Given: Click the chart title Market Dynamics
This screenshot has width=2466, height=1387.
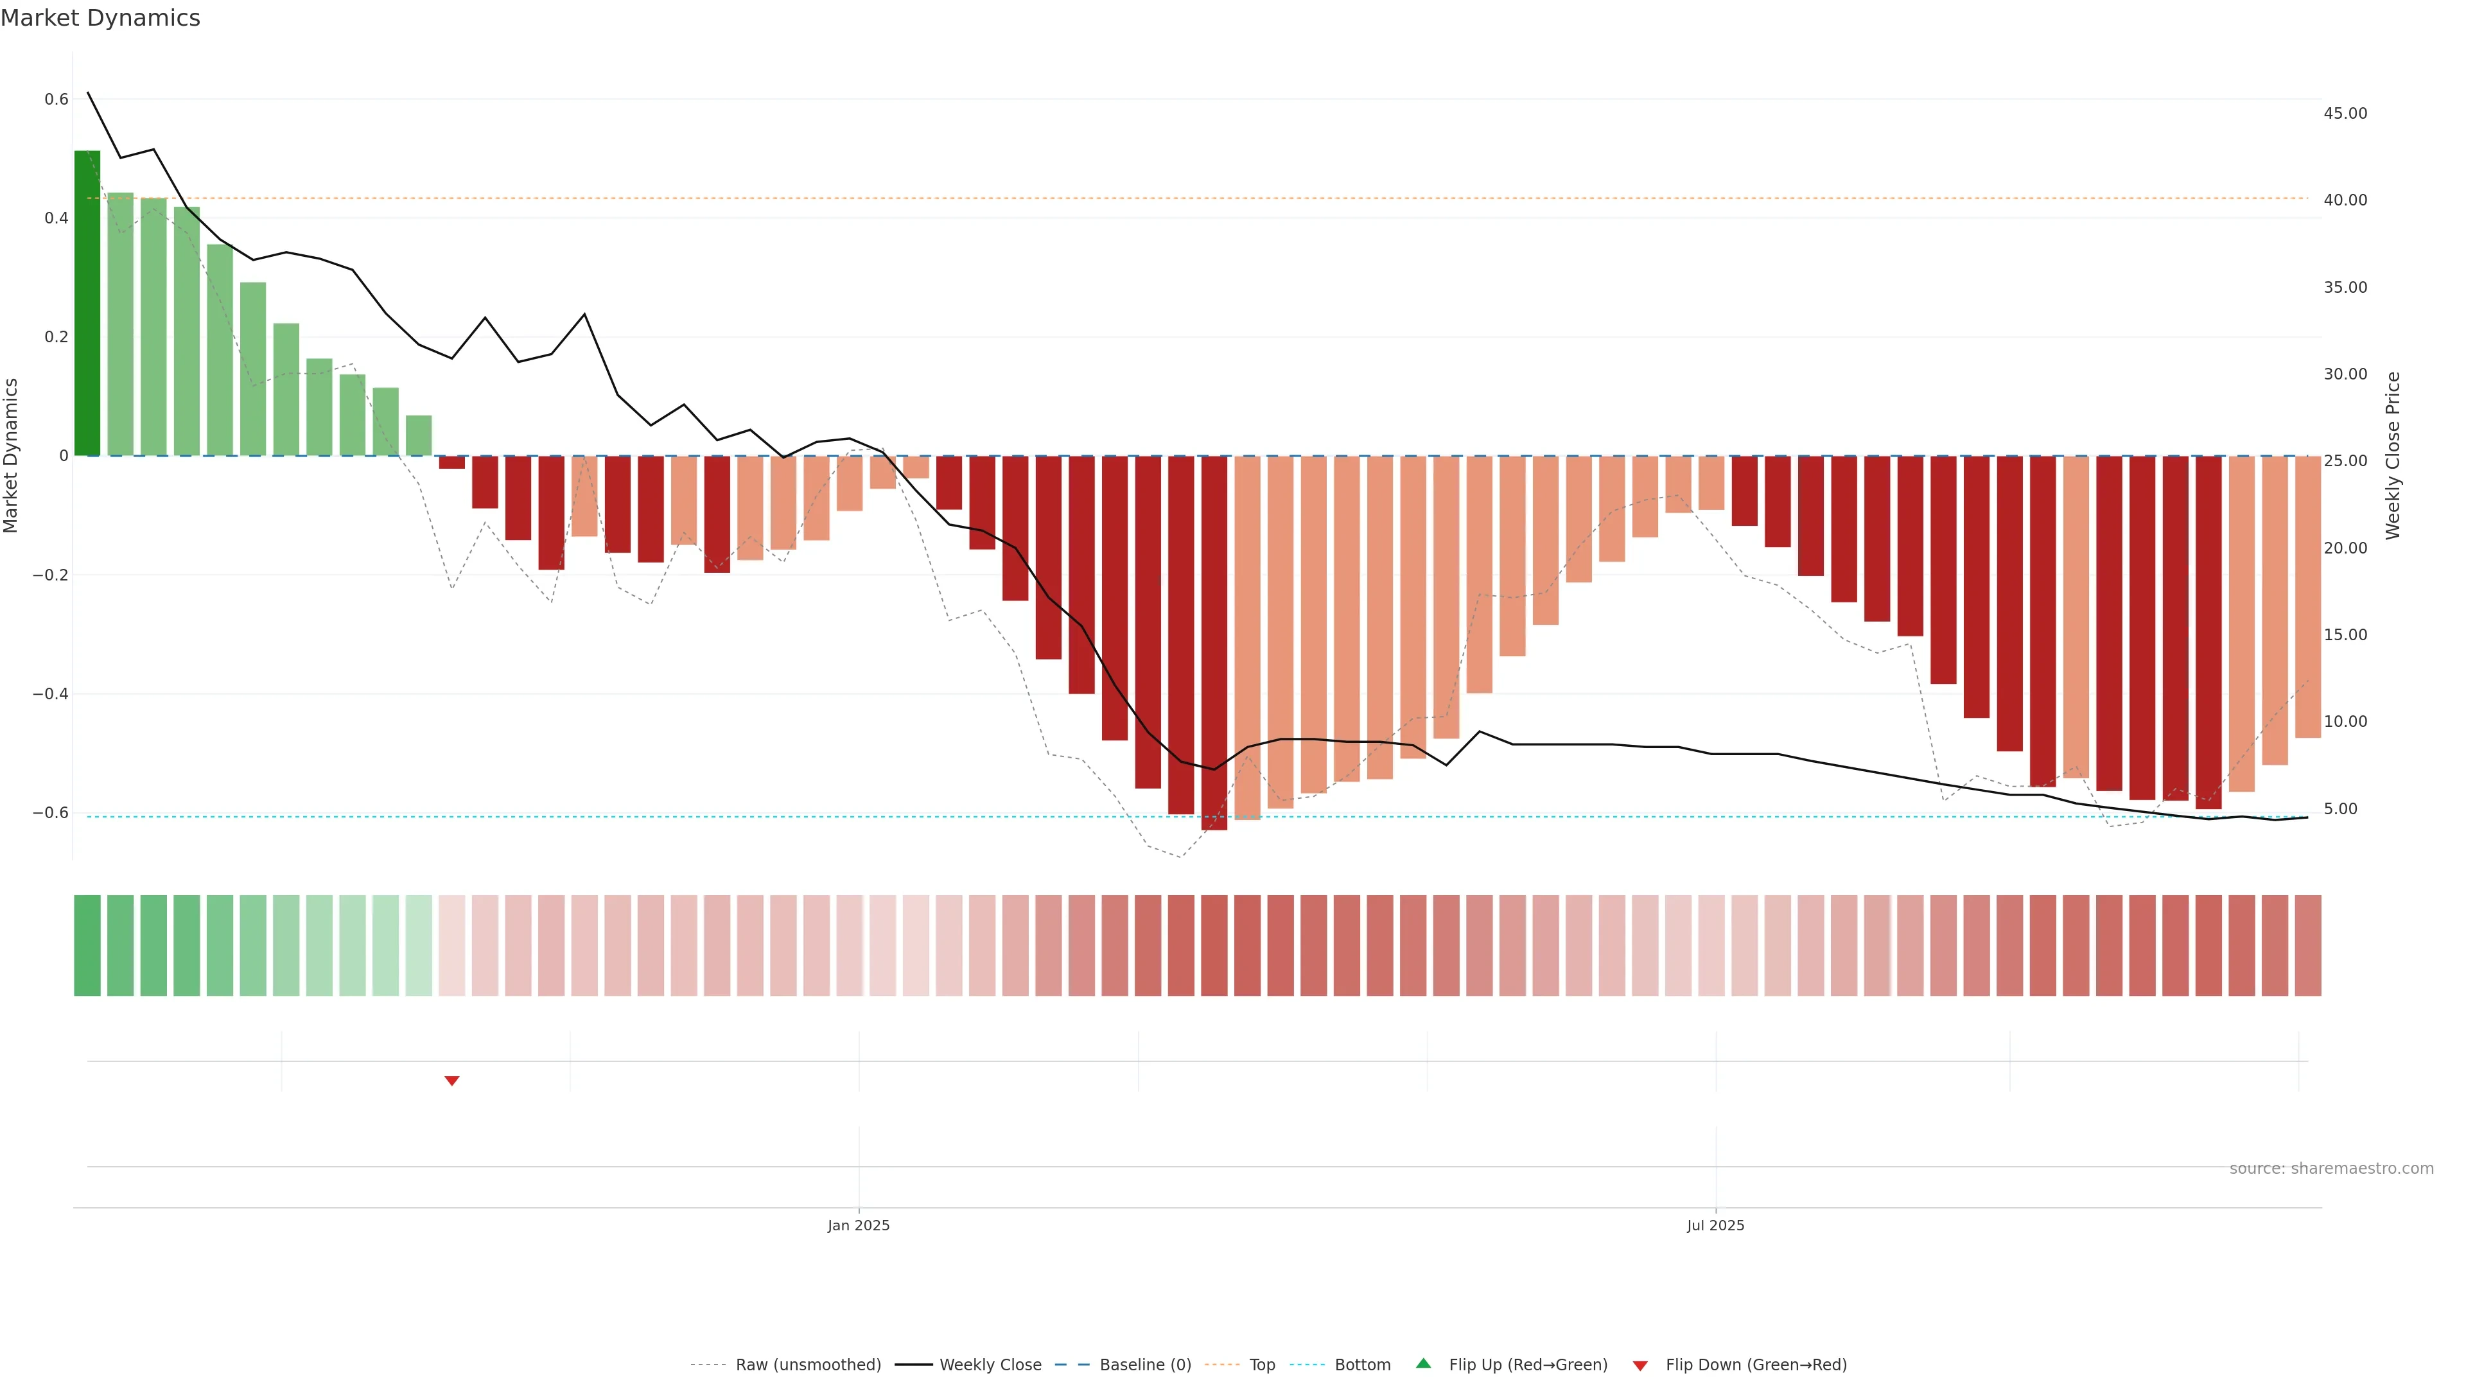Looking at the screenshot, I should tap(101, 18).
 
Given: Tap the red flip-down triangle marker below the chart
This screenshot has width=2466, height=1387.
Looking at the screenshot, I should tap(452, 1081).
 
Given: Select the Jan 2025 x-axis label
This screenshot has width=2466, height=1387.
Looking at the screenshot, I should tap(859, 1225).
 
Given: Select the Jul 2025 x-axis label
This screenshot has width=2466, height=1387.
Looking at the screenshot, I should tap(1715, 1225).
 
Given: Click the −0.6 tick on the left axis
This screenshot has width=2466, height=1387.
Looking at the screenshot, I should tap(51, 813).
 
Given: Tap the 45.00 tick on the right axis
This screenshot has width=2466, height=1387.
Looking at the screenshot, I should tap(2345, 113).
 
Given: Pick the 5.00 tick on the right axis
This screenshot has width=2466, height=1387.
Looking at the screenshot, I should tap(2341, 809).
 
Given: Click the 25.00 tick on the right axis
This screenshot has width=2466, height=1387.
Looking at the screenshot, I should tap(2345, 460).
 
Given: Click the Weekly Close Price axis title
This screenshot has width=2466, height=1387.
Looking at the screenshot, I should tap(2392, 456).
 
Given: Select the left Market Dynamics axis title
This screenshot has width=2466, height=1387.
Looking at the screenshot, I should tap(12, 456).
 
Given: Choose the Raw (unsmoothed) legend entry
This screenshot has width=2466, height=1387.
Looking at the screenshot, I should tap(807, 1365).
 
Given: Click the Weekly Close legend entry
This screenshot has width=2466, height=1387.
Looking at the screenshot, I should tap(990, 1365).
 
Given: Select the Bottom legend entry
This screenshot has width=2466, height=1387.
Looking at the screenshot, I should tap(1362, 1365).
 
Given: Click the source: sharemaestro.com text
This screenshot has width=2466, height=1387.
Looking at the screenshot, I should tap(2331, 1169).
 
